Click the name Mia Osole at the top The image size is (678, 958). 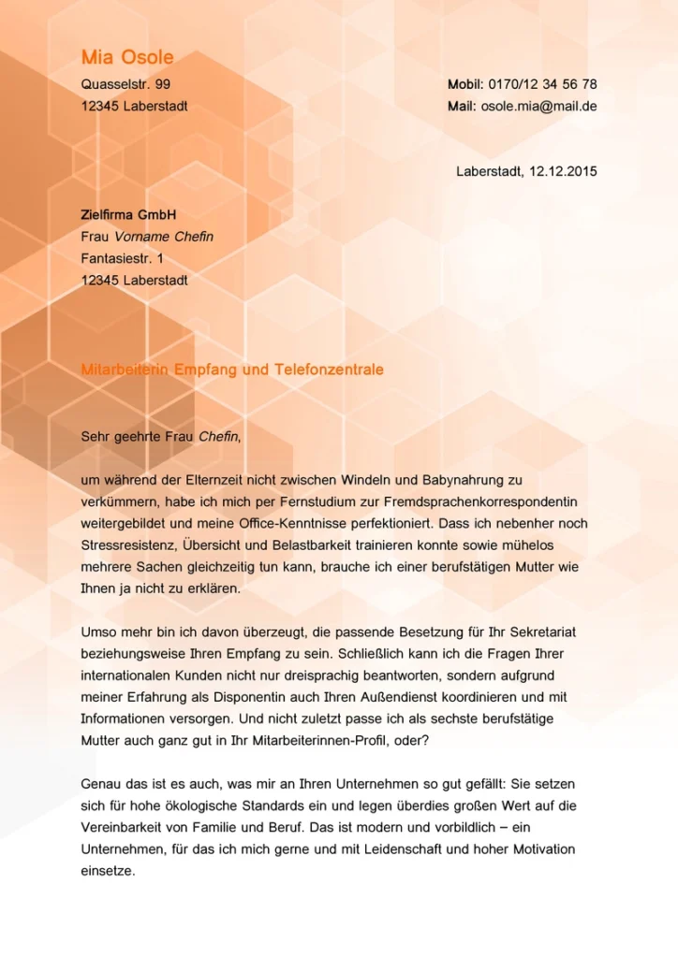[127, 58]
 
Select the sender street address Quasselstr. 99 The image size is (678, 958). [125, 84]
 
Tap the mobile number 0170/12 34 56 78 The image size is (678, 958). [542, 84]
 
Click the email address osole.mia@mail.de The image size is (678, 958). [538, 106]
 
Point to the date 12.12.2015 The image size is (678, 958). [563, 172]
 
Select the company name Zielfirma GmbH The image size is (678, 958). [128, 214]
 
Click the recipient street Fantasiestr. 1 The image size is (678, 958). [122, 258]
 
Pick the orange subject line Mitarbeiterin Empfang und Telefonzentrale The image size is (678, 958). [232, 370]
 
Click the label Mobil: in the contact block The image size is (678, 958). [464, 84]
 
